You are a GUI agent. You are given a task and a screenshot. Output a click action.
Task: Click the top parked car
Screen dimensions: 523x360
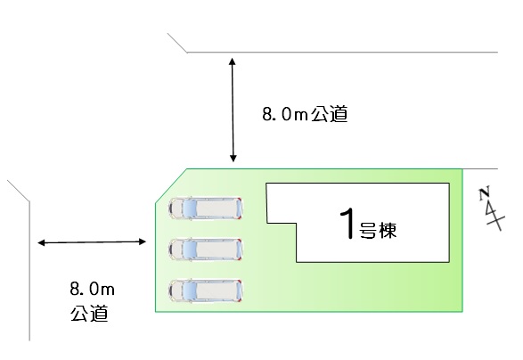206,209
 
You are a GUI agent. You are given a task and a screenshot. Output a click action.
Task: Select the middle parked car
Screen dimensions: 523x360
206,250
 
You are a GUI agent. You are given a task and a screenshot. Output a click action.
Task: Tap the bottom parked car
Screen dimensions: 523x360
206,290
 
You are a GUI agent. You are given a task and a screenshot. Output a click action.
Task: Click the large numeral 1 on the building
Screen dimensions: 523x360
347,223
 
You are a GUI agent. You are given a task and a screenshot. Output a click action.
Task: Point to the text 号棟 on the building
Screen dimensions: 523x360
378,230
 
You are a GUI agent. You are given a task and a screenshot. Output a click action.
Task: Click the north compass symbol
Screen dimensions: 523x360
491,209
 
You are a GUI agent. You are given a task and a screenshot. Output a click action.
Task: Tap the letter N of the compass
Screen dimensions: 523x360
484,193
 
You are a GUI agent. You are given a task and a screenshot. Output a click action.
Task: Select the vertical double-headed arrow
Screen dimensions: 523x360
233,110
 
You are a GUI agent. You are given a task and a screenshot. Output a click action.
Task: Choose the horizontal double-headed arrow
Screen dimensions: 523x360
92,242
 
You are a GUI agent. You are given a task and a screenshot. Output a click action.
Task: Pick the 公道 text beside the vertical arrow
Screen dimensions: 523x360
330,114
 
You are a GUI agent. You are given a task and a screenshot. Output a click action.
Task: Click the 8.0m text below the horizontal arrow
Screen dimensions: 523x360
92,289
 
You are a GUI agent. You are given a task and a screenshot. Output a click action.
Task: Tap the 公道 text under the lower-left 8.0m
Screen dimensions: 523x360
89,314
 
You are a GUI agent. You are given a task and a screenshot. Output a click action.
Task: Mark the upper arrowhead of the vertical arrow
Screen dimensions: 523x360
233,61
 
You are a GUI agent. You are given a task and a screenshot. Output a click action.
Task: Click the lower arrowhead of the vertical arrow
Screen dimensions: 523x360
233,159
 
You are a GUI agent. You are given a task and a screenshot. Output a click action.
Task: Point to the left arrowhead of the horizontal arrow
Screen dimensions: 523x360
41,243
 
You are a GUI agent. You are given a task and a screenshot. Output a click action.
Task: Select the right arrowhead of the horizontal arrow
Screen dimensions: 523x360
143,241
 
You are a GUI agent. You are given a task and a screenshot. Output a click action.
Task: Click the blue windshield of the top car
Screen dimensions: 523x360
189,209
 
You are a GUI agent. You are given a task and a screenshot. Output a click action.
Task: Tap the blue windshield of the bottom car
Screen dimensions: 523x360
189,290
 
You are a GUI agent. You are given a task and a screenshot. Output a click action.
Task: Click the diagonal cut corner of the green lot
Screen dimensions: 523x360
171,185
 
